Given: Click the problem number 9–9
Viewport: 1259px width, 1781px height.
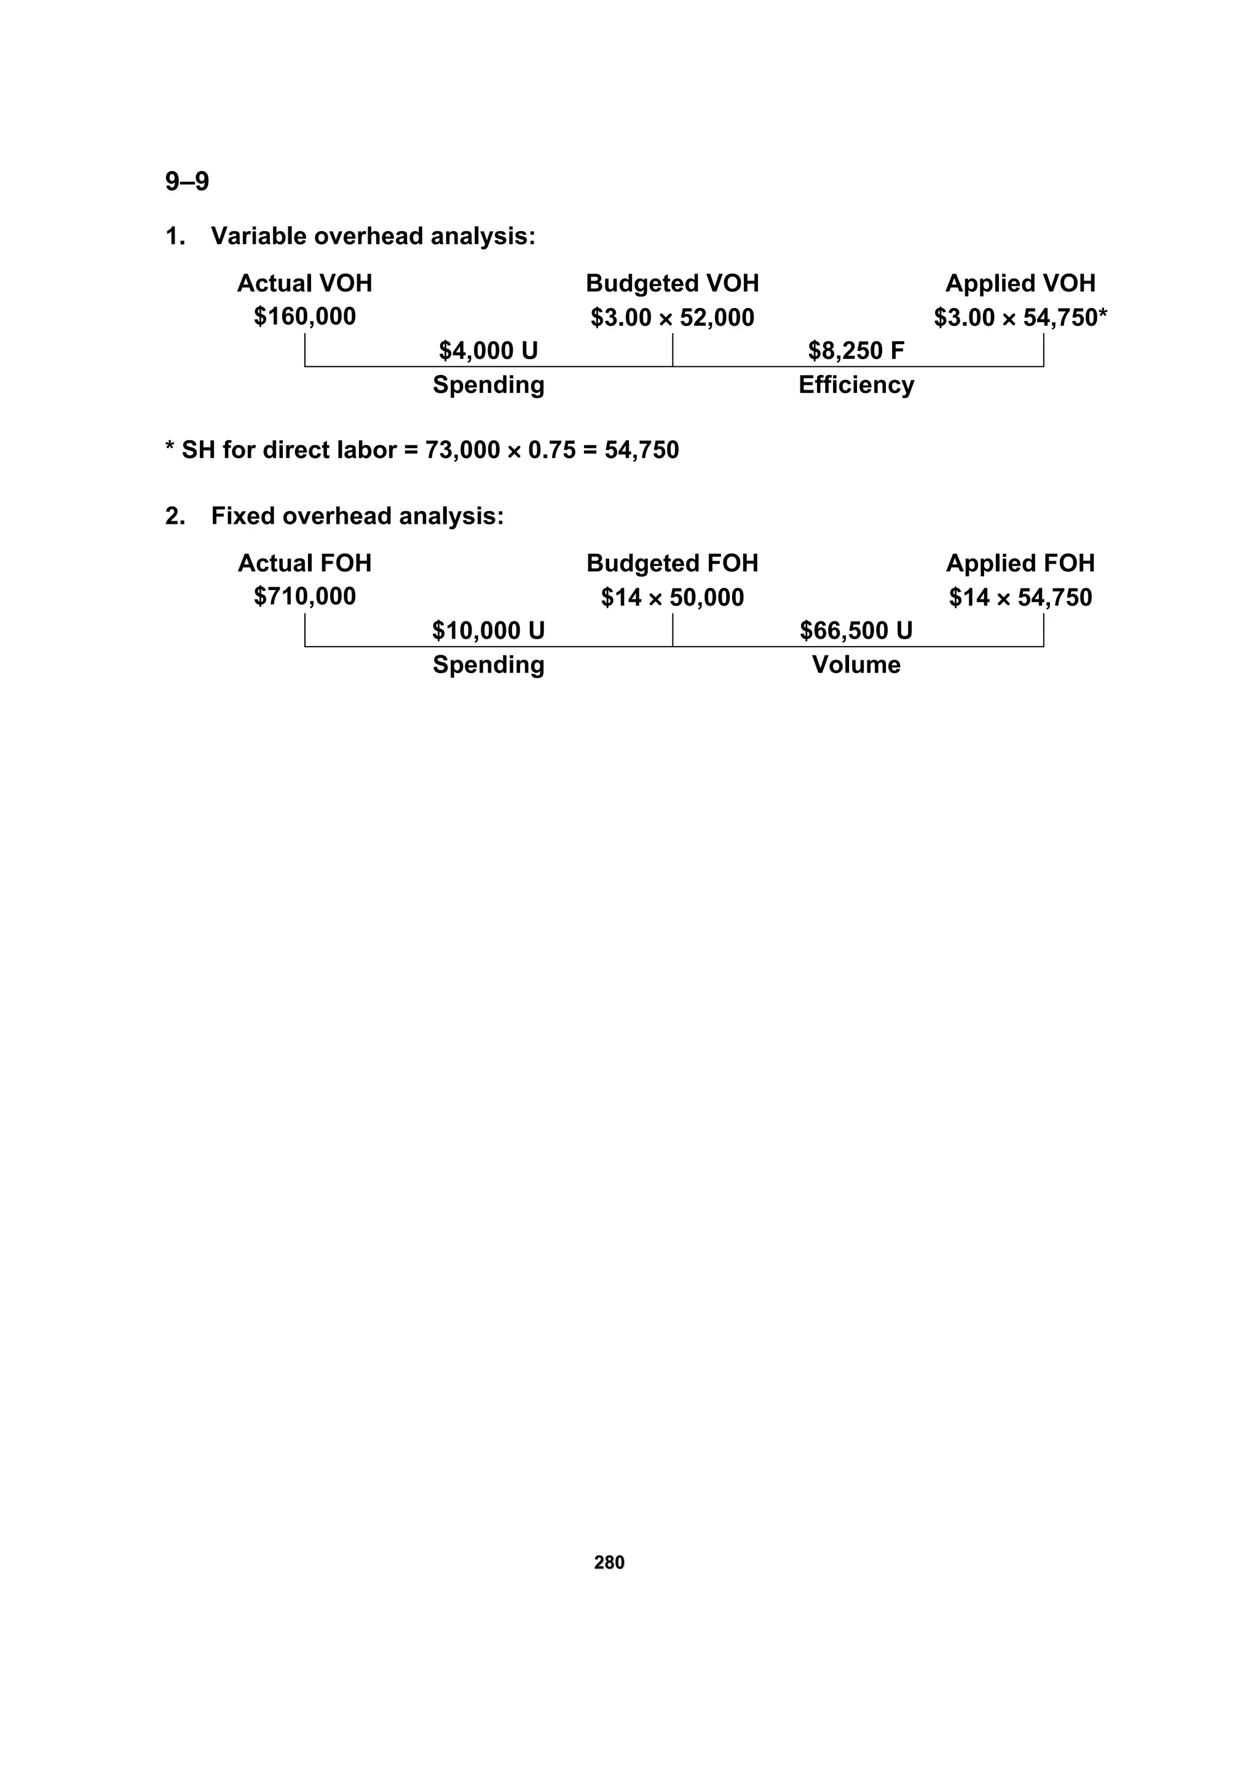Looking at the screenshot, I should [x=187, y=181].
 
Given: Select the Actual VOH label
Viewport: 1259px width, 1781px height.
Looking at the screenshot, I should [x=304, y=283].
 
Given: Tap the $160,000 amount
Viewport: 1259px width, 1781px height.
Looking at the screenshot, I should [x=304, y=317].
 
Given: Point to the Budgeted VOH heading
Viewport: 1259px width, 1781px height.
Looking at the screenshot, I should [x=672, y=283].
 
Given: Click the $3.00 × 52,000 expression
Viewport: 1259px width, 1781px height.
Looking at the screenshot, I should [x=672, y=317].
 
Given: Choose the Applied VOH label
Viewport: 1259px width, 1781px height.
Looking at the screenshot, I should [x=1019, y=283].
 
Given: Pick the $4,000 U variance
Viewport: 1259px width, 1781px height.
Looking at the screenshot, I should [x=488, y=350].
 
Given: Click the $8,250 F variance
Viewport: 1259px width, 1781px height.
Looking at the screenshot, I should [x=856, y=350].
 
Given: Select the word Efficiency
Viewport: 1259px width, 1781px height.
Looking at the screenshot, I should [x=856, y=385].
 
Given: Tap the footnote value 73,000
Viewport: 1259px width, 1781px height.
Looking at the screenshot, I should [x=462, y=450].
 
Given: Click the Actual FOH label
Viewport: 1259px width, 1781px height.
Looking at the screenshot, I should [x=304, y=563].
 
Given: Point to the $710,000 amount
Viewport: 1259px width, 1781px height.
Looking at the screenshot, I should [x=304, y=596].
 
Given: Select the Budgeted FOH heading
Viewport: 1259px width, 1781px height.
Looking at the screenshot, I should [x=672, y=563].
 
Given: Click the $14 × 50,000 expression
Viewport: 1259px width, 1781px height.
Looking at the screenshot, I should [x=672, y=598].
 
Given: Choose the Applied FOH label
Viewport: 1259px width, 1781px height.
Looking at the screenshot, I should [x=1019, y=563].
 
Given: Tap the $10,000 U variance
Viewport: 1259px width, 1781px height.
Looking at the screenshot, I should [x=488, y=631].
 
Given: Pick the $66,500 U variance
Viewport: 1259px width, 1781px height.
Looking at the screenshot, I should [x=856, y=631].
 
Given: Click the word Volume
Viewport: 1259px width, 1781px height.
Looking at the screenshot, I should [x=856, y=665].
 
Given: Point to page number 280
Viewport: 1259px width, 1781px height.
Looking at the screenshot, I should [x=609, y=1562].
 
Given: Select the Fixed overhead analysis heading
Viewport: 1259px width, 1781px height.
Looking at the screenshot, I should [x=357, y=516].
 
